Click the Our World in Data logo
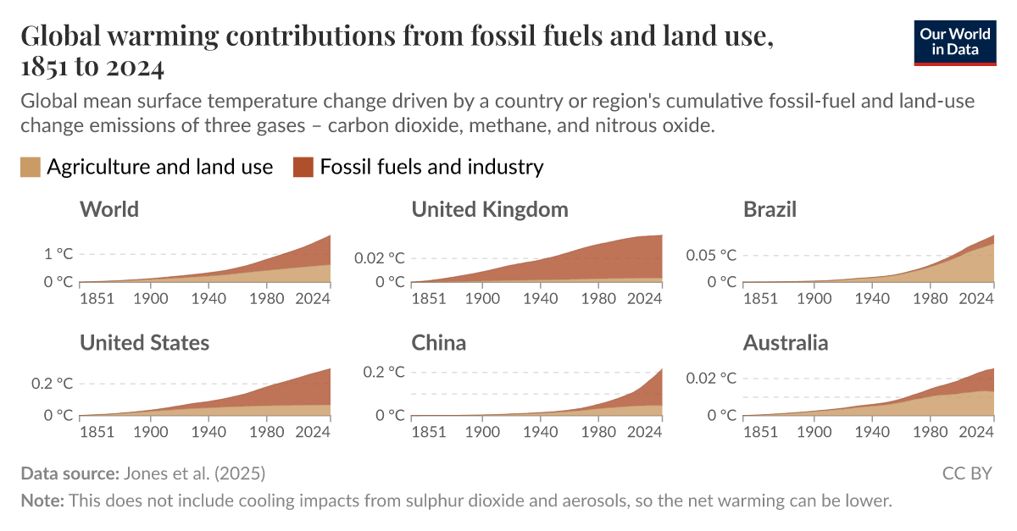[x=955, y=41]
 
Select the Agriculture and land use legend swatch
[x=31, y=167]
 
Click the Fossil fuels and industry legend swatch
[x=303, y=167]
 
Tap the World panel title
[x=109, y=209]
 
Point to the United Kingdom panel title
[x=490, y=209]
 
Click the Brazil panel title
[x=770, y=209]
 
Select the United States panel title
[x=144, y=342]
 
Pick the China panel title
[x=439, y=342]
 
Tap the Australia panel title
[x=786, y=342]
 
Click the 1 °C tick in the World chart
[x=58, y=254]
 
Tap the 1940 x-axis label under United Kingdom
[x=540, y=298]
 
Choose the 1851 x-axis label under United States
[x=97, y=431]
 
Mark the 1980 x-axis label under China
[x=598, y=431]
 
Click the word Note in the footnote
[x=41, y=501]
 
